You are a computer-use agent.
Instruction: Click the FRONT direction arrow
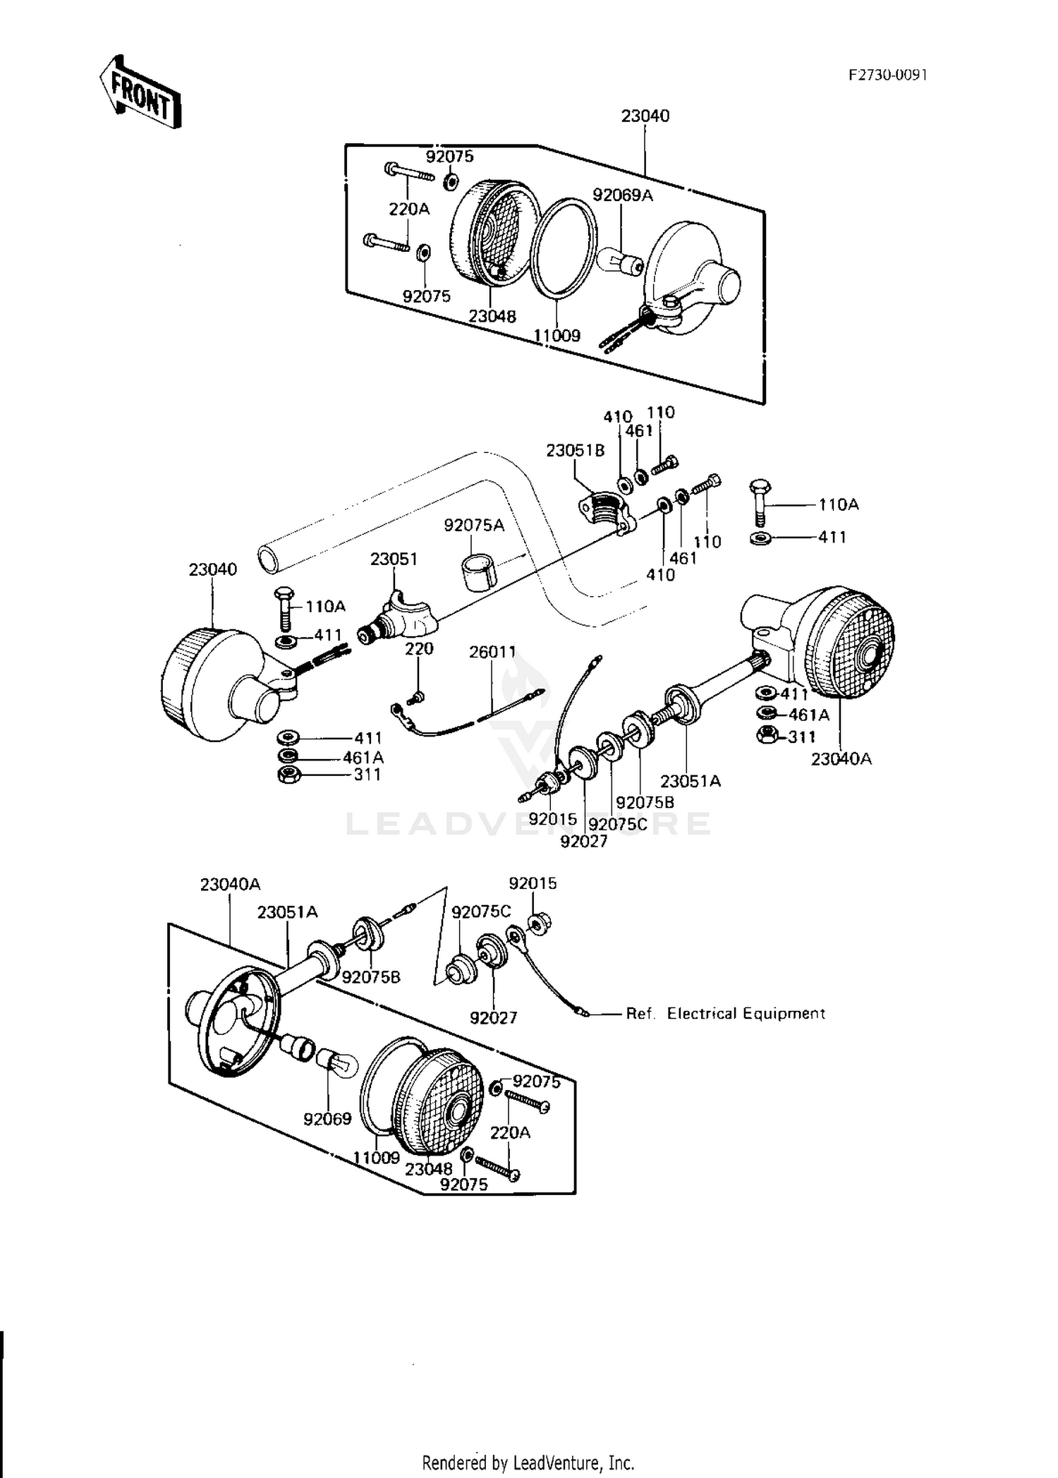tap(140, 92)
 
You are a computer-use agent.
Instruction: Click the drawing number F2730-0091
tap(887, 75)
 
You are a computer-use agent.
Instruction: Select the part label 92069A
tap(623, 195)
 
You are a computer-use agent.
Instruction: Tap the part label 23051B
tap(576, 450)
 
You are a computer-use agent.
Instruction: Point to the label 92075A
tap(474, 526)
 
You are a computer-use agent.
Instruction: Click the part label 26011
tap(493, 652)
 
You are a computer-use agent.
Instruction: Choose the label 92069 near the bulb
tap(327, 1119)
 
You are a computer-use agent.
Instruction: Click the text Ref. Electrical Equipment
tap(725, 1014)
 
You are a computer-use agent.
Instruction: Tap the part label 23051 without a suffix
tap(394, 559)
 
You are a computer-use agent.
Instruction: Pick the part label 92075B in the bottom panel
tap(371, 977)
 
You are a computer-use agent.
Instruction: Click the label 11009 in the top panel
tap(557, 335)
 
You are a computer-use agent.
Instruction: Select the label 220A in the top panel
tap(409, 209)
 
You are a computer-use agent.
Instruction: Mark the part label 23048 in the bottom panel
tap(429, 1169)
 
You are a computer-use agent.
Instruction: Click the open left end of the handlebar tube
tap(269, 558)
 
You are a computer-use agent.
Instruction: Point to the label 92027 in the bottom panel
tap(494, 1017)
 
